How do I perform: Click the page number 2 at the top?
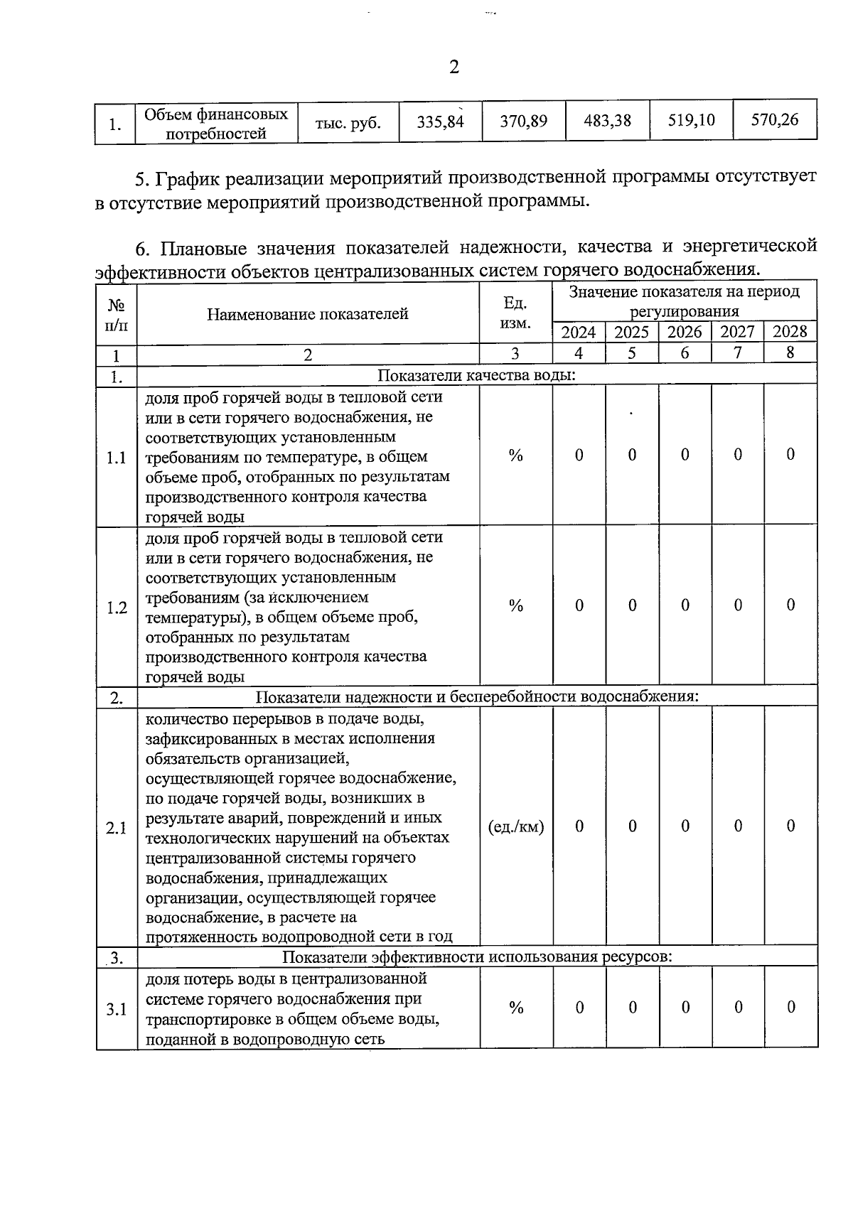tap(454, 68)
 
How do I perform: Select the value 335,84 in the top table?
tap(440, 122)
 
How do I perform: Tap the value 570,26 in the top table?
tap(775, 120)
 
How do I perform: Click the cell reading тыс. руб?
tap(348, 122)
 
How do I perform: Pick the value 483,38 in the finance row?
tap(607, 121)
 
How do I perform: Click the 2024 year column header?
tap(579, 333)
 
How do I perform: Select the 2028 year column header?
tap(790, 332)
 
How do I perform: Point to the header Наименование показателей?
tap(308, 314)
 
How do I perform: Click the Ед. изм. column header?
tap(515, 313)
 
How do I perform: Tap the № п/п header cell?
tap(117, 314)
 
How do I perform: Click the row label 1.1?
tap(117, 458)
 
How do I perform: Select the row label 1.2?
tap(117, 608)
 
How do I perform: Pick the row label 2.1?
tap(117, 828)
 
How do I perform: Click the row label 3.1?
tap(117, 1009)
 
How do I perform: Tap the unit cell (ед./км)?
tap(516, 826)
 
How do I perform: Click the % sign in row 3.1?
tap(516, 1008)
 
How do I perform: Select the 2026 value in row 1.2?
tap(685, 605)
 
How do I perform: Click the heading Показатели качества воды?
tap(476, 376)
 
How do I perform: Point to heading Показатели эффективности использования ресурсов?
tap(477, 956)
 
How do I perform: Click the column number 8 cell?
tap(790, 353)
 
